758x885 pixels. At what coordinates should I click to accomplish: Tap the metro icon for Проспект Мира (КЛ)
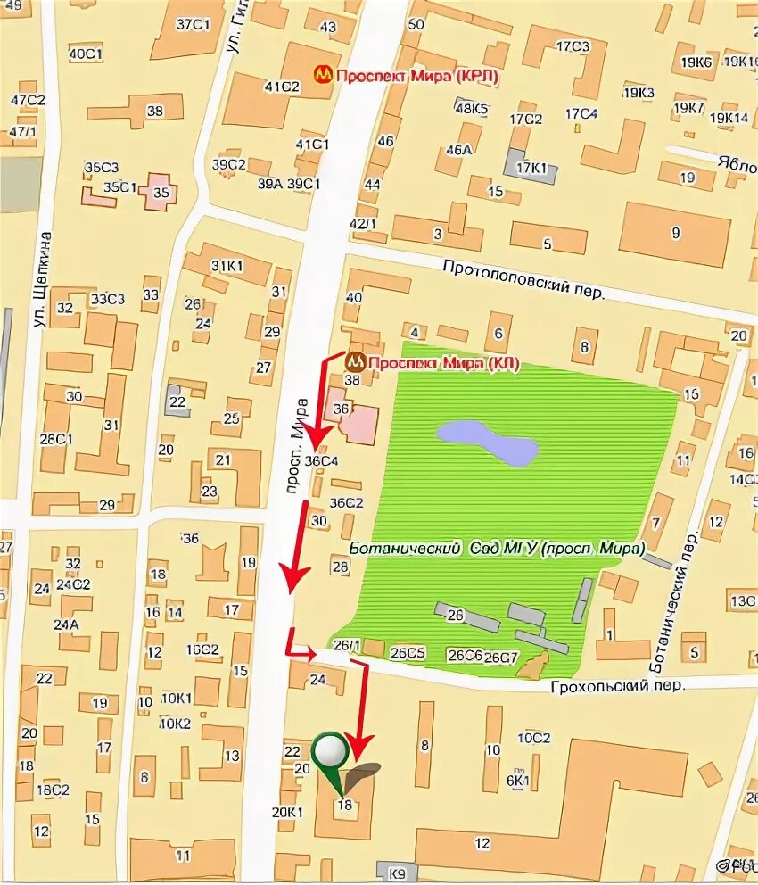point(356,362)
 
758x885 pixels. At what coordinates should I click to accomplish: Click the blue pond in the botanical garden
point(487,442)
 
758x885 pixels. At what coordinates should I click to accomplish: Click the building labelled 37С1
point(192,25)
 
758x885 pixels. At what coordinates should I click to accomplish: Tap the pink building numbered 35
point(161,192)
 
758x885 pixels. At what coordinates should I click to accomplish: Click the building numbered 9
point(675,234)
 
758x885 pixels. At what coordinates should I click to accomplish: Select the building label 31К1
point(227,266)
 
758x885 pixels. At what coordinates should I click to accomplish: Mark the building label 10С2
point(534,738)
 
